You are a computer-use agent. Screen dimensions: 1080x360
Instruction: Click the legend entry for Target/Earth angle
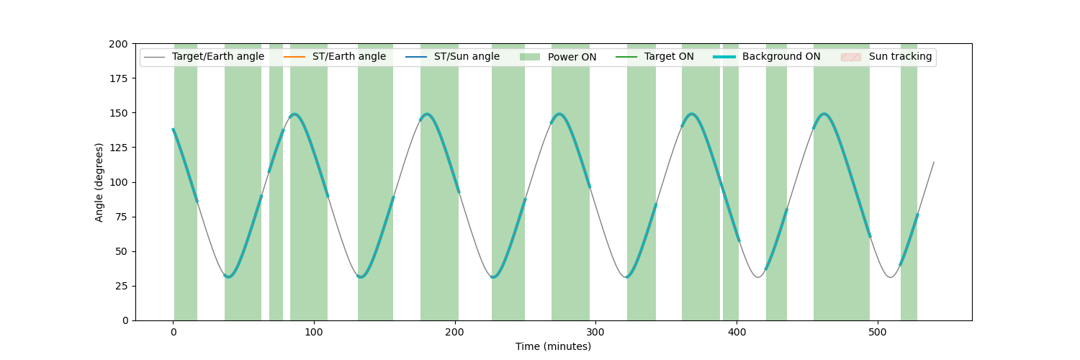[204, 57]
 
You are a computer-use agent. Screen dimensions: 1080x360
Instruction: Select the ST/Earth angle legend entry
[335, 57]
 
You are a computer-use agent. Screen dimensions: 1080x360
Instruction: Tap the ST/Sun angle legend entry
[452, 57]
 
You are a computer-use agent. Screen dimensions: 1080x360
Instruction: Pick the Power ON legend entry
[558, 57]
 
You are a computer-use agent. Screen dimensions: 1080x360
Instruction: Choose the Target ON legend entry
[654, 57]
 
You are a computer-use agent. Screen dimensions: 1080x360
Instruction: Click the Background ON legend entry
[767, 57]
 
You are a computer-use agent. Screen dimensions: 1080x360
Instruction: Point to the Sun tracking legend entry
[886, 57]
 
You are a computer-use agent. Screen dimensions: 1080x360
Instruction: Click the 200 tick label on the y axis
[118, 45]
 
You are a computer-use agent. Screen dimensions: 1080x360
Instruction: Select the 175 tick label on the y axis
[118, 78]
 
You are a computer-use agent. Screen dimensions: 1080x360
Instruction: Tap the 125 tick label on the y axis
[118, 148]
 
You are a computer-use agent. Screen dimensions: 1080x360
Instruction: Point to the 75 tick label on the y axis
[122, 217]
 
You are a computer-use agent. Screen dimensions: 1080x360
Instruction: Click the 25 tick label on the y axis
[122, 287]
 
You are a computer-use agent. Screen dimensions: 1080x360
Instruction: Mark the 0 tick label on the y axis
[125, 321]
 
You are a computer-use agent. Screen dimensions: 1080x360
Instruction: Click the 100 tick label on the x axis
[314, 332]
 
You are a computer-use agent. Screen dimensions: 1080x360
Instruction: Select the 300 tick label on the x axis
[595, 332]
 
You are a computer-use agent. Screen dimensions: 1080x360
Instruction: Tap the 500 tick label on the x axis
[878, 332]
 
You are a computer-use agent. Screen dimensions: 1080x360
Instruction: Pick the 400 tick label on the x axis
[737, 332]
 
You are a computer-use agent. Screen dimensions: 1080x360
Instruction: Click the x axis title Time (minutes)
[553, 346]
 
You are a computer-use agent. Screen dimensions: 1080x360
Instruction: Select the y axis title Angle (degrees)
[99, 183]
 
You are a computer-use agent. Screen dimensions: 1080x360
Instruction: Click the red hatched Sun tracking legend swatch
[850, 57]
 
